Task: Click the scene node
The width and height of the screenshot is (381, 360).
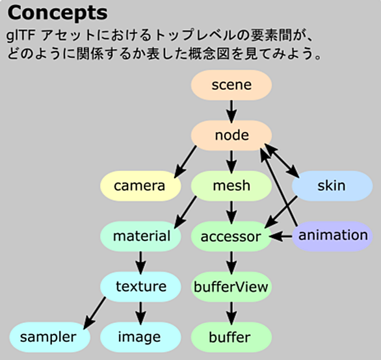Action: click(231, 85)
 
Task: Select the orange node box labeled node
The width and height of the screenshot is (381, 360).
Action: click(231, 135)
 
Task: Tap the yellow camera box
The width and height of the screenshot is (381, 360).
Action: click(140, 186)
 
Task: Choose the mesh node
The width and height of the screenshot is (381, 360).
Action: click(231, 186)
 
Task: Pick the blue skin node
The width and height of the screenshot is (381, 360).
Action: click(332, 186)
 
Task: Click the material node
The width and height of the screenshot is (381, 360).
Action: click(140, 236)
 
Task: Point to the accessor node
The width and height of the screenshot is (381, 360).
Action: click(231, 236)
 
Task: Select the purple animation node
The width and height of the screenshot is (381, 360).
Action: click(332, 236)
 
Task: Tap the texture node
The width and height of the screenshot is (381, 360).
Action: click(140, 287)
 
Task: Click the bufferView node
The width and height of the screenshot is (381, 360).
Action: click(231, 287)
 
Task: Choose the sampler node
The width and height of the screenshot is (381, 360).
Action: click(50, 337)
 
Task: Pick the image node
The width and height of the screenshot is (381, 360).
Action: click(140, 337)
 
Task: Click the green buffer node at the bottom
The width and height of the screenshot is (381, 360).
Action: click(231, 337)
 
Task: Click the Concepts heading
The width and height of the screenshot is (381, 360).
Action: click(58, 14)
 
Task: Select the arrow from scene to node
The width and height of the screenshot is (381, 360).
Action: click(231, 112)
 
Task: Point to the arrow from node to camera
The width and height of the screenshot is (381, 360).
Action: click(185, 162)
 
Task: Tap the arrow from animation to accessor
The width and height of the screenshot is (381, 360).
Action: click(280, 236)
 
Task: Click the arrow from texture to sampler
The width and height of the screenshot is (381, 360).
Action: click(94, 313)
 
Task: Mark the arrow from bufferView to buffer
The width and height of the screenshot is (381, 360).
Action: click(231, 313)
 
